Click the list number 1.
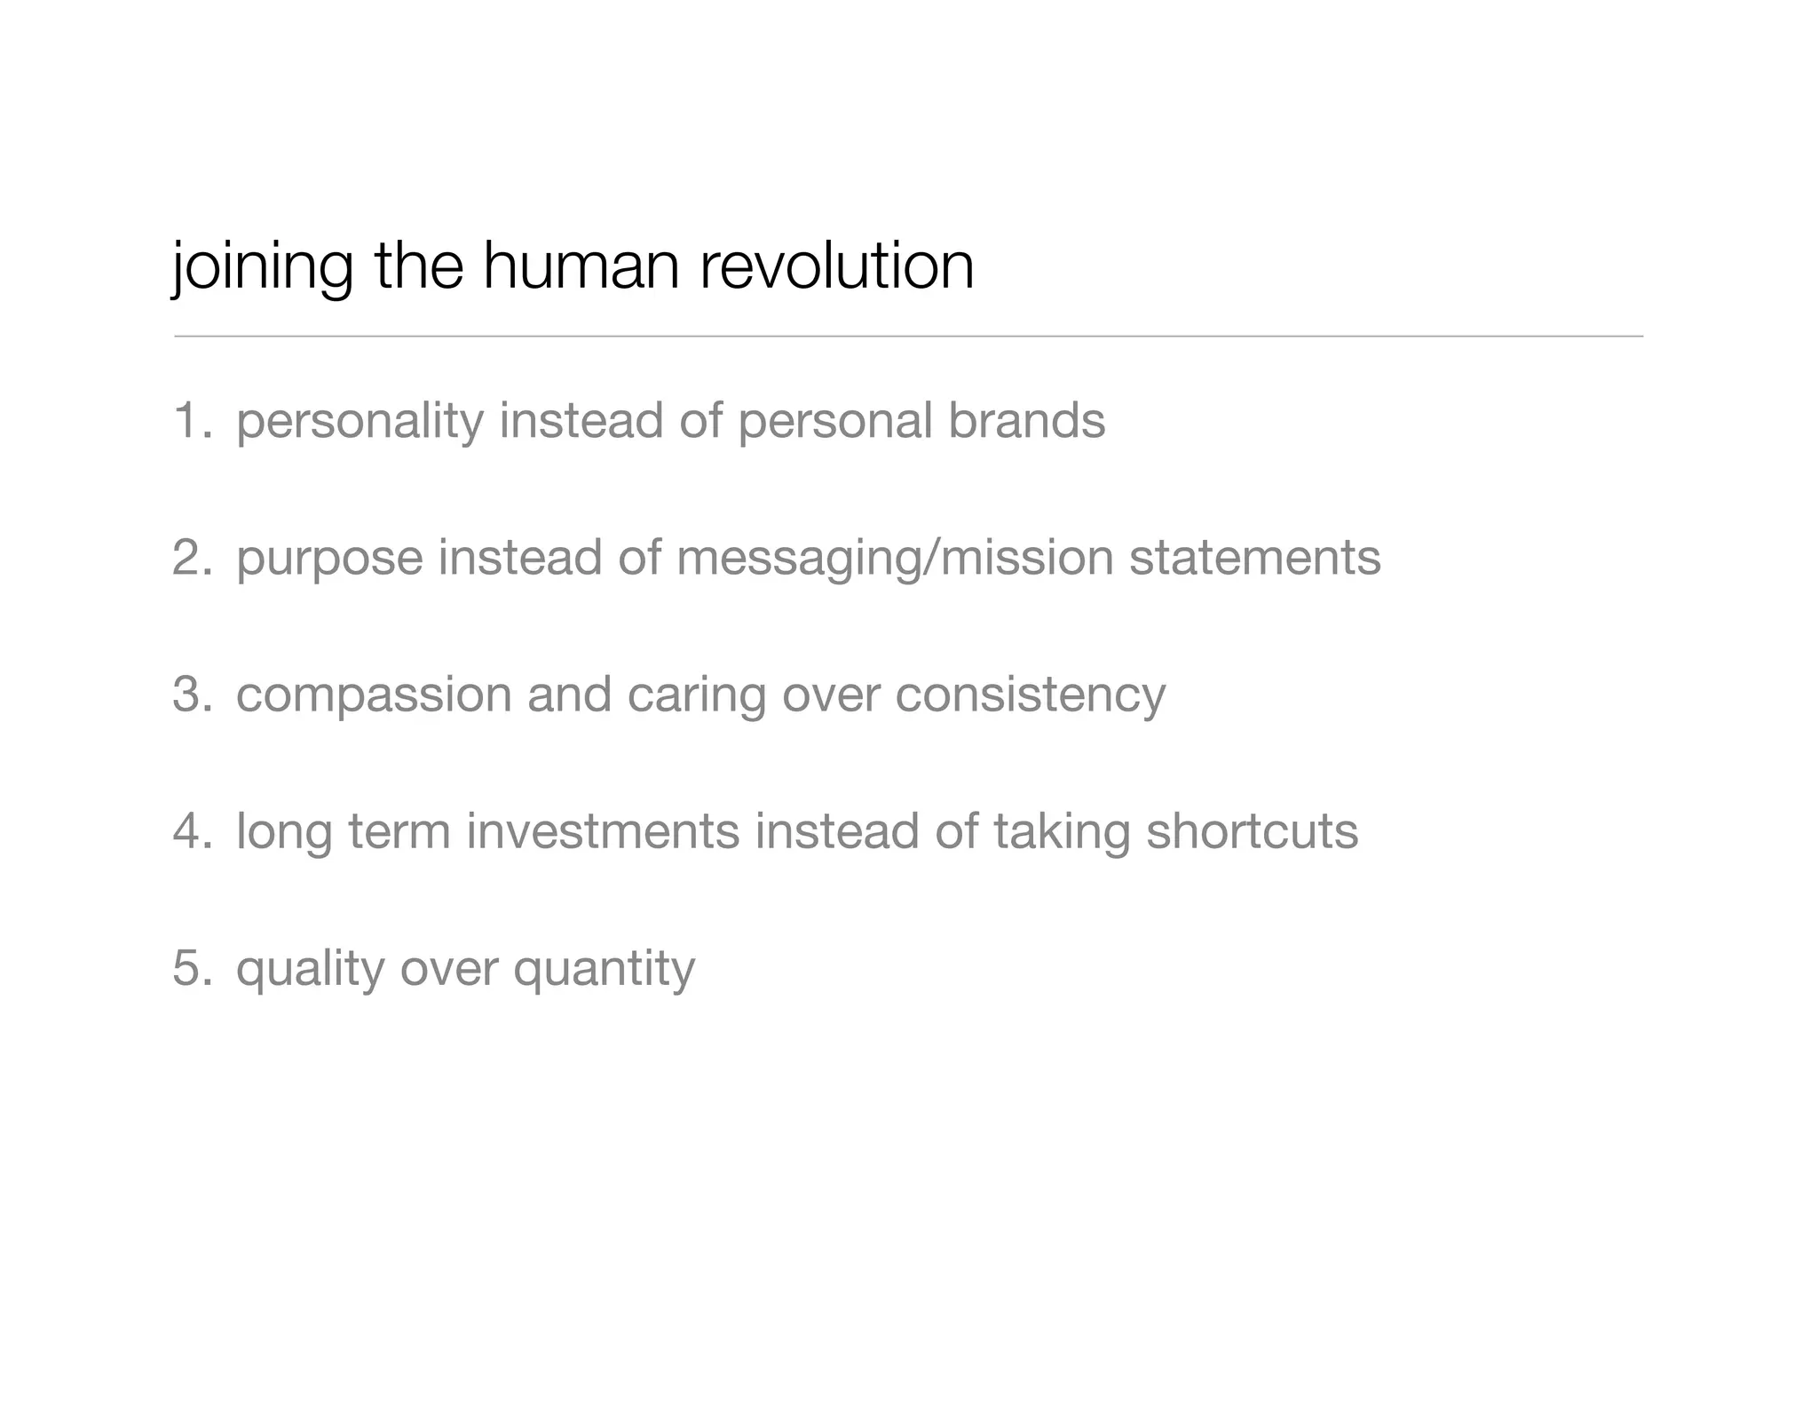[191, 420]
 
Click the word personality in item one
[359, 422]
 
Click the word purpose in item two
[329, 559]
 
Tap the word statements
[1254, 557]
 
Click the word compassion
[374, 695]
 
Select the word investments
[603, 830]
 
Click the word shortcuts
[1252, 830]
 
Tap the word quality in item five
[310, 969]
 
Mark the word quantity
[604, 969]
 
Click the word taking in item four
[1062, 832]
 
